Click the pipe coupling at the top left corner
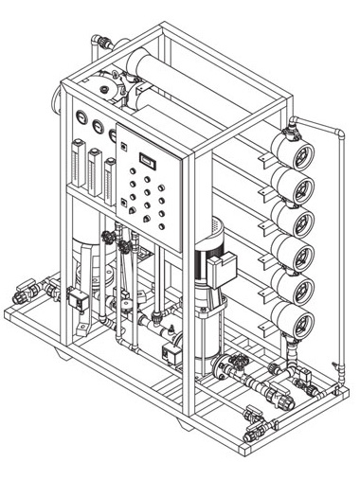click(99, 42)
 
